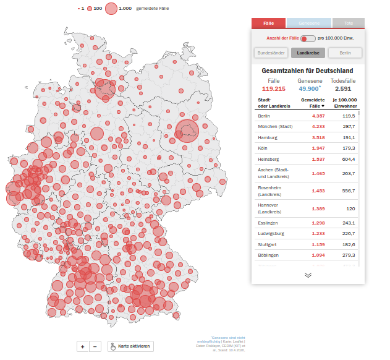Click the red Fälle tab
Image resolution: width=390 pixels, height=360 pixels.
(268, 23)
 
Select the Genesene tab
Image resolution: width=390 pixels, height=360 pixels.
(309, 23)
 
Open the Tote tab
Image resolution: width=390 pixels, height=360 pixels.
(348, 23)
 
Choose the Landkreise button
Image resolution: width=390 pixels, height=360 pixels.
(308, 53)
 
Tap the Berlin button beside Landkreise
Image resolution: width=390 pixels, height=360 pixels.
(345, 53)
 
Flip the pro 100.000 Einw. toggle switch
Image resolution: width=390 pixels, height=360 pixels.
(307, 39)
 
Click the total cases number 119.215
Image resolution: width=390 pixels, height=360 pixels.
(273, 89)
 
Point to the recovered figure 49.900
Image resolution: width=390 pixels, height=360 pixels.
(309, 89)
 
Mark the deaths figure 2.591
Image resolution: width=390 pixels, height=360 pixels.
(342, 89)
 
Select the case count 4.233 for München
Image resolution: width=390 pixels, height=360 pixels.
(318, 126)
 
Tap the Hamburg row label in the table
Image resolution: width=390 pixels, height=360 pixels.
(268, 137)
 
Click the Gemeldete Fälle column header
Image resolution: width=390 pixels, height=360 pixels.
(313, 103)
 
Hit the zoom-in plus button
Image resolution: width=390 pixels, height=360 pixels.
(82, 346)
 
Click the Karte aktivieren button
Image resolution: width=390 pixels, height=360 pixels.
(130, 346)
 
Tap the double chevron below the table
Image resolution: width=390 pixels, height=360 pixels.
(308, 275)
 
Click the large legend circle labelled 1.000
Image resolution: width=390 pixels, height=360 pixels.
(111, 9)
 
